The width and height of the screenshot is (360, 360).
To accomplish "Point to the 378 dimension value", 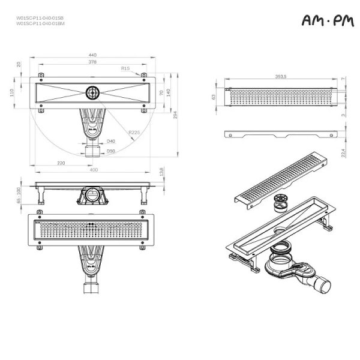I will pyautogui.click(x=92, y=62).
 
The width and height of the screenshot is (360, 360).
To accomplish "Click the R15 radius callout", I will pyautogui.click(x=125, y=69).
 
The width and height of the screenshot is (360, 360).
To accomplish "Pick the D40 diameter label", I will pyautogui.click(x=111, y=141).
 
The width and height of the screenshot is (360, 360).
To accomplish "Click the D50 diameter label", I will pyautogui.click(x=111, y=151).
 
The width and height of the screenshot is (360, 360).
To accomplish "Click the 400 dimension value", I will pyautogui.click(x=94, y=170).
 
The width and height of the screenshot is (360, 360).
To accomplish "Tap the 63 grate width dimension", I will pyautogui.click(x=213, y=96).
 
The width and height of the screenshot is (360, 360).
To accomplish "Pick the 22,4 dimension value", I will pyautogui.click(x=343, y=154).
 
